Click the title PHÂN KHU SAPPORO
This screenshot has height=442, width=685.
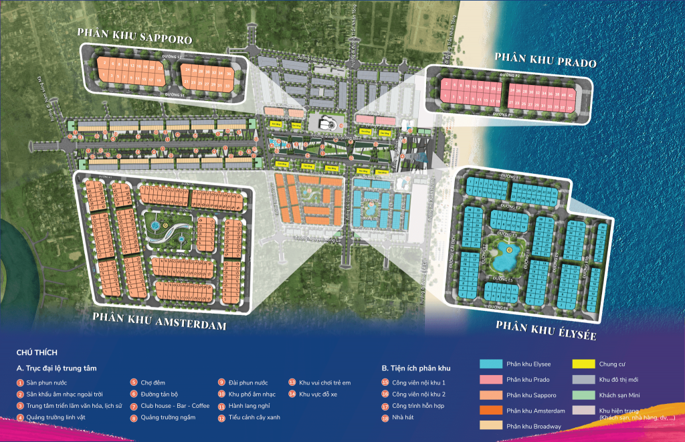coord(134,36)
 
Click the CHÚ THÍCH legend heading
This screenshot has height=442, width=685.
coord(37,352)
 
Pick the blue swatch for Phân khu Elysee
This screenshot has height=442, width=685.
coord(491,364)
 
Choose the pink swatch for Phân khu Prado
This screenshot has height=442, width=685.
coord(491,379)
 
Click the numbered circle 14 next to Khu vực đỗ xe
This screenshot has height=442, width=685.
coord(292,395)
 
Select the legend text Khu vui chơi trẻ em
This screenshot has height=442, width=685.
coord(324,382)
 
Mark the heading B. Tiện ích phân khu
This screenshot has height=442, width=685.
coord(416,368)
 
